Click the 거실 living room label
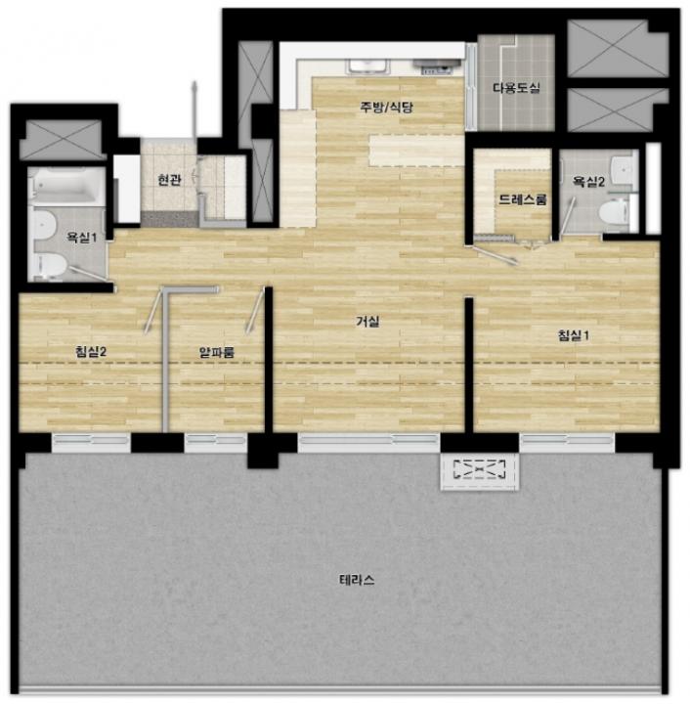click(367, 322)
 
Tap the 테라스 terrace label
click(357, 580)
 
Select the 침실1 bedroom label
click(574, 335)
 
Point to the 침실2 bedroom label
click(91, 352)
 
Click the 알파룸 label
click(217, 352)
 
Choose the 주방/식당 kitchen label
click(387, 107)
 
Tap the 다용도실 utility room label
click(516, 88)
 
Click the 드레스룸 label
click(523, 199)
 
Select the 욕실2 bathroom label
click(588, 182)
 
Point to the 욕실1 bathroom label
click(82, 237)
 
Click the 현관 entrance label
click(169, 180)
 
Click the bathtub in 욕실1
click(67, 186)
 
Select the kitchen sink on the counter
click(367, 66)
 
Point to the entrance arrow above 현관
click(194, 110)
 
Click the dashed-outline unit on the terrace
click(480, 469)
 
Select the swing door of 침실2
click(152, 312)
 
